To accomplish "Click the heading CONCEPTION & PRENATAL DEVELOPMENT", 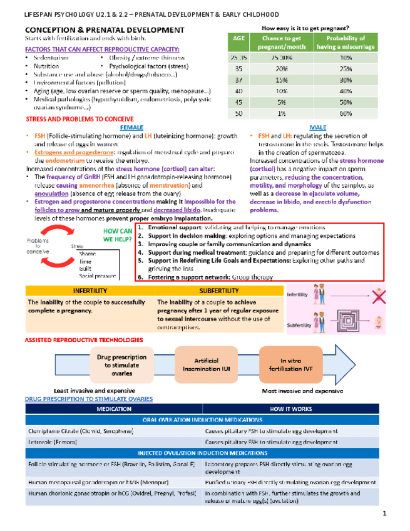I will pos(103,30).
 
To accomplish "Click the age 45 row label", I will pos(238,102).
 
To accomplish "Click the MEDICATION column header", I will pos(114,408).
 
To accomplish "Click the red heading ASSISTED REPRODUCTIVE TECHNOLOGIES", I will pos(83,339).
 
